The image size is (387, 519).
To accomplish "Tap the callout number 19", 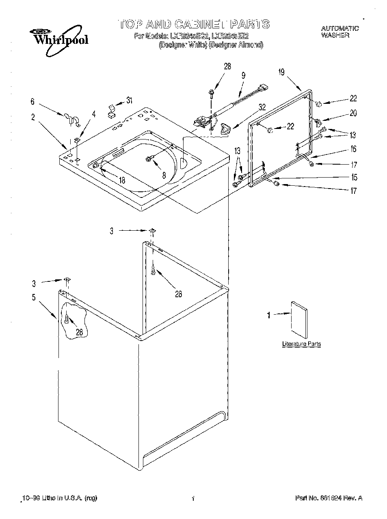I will click(281, 72).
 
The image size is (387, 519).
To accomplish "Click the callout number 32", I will click(262, 107).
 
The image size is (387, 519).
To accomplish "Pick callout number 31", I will click(129, 100).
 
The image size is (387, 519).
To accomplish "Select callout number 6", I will click(33, 102).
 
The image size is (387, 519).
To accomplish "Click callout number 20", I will click(353, 113).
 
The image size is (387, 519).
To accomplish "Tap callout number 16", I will click(353, 149).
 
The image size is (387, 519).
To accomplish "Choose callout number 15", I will click(354, 177).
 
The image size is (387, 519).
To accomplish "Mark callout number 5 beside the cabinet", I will click(34, 297).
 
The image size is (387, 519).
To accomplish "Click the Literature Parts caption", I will click(301, 344).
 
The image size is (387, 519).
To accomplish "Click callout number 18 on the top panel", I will click(122, 180).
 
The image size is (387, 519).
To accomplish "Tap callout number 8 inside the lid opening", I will click(164, 175).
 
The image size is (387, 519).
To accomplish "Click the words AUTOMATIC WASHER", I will click(340, 32).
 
